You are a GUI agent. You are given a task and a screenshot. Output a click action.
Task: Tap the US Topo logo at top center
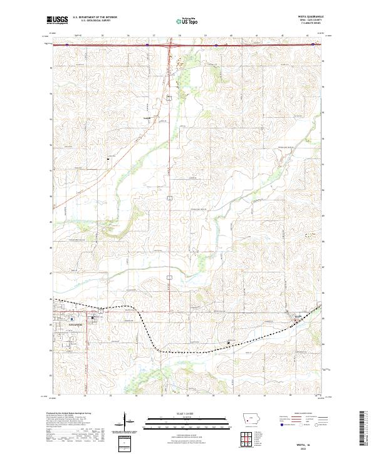(189, 21)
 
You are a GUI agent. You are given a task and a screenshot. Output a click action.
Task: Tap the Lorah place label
(147, 116)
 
